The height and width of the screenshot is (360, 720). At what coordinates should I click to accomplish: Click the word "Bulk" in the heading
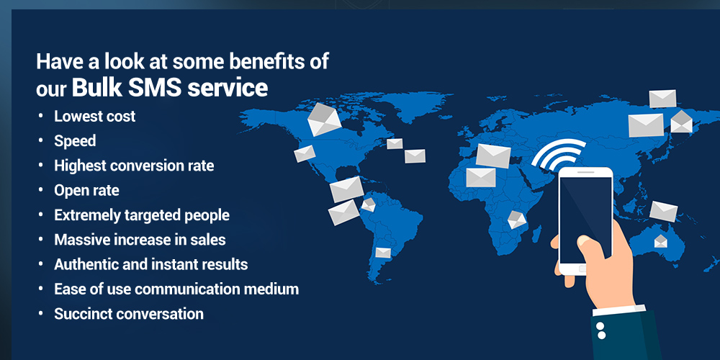click(x=96, y=88)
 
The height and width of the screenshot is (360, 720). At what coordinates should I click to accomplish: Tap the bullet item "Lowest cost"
click(x=94, y=116)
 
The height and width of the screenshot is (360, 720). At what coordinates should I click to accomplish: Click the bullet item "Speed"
click(x=75, y=141)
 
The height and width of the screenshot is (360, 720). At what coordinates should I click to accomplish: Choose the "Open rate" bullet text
click(x=86, y=191)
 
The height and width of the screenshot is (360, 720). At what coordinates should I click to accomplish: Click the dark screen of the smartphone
click(x=585, y=218)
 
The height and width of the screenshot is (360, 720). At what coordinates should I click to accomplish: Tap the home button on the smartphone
click(x=582, y=269)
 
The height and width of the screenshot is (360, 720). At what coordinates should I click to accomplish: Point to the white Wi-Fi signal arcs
click(x=559, y=153)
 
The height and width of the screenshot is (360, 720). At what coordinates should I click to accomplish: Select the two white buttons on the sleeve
click(x=600, y=331)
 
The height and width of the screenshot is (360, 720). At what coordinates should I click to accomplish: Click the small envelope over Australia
click(x=660, y=241)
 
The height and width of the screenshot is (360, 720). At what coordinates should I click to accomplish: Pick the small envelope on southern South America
click(x=383, y=253)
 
